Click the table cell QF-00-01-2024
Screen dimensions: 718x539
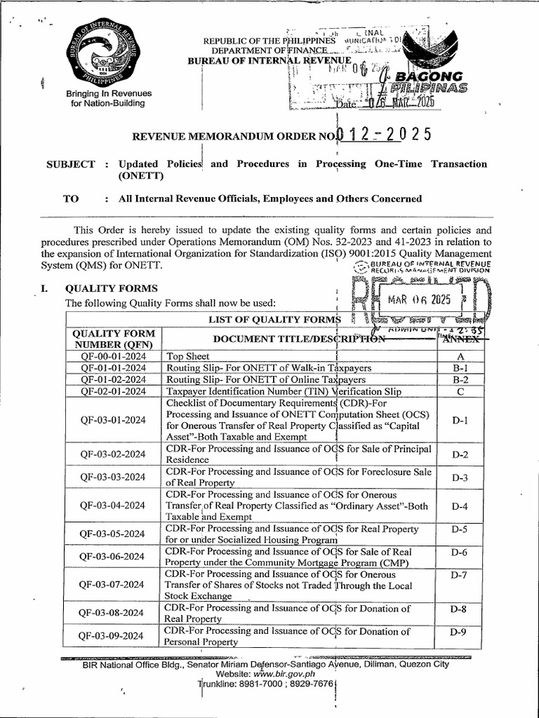pyautogui.click(x=114, y=355)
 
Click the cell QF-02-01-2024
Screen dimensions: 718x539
pyautogui.click(x=114, y=391)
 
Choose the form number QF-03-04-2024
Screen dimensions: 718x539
pyautogui.click(x=114, y=506)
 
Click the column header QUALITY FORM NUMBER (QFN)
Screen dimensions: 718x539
pyautogui.click(x=114, y=339)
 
